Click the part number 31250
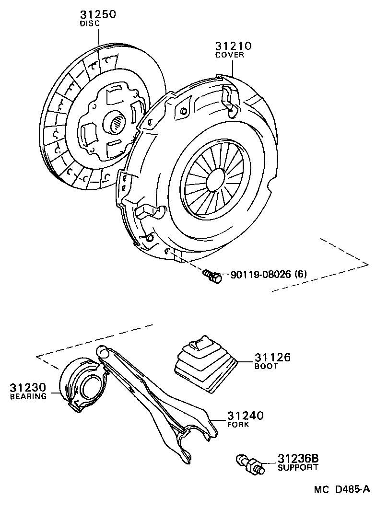98,14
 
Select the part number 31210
234,46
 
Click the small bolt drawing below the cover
212,276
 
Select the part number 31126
272,358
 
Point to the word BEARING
28,396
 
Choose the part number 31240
246,416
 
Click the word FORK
238,424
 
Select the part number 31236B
298,459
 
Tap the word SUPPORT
298,467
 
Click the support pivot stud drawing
249,464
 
